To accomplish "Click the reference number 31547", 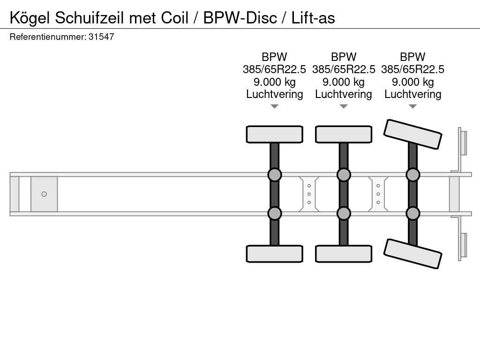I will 101,37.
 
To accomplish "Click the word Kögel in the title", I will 30,18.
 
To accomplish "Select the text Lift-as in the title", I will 313,18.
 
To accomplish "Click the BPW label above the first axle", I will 274,57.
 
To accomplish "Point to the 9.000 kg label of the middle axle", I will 344,82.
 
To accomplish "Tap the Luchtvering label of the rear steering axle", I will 412,94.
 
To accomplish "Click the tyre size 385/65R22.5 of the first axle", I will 274,69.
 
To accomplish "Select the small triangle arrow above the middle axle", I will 344,106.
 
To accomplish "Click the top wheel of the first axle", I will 274,134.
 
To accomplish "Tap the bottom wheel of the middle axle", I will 344,254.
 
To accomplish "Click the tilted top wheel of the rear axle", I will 412,134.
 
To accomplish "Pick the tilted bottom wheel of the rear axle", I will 412,254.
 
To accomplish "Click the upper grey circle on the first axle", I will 274,175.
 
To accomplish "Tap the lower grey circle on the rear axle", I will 412,213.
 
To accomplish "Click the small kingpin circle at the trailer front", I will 44,194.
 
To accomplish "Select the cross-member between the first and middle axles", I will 309,194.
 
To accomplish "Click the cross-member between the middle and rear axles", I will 378,194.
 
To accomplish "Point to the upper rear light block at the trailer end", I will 463,142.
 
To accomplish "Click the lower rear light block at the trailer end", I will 463,245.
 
